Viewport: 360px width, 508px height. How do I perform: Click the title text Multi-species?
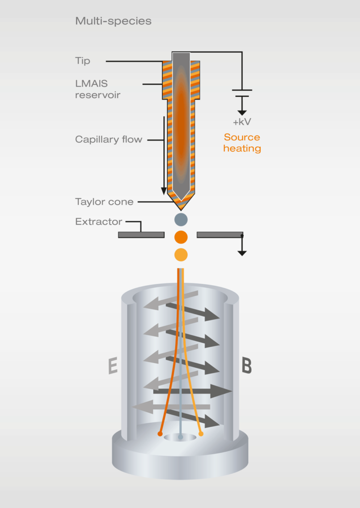[x=113, y=21]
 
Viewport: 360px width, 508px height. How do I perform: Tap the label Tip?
[x=82, y=61]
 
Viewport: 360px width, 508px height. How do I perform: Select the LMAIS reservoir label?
[x=97, y=89]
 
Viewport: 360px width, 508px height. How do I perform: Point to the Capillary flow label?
[x=108, y=139]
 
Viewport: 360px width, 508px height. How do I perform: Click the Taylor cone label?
[x=104, y=202]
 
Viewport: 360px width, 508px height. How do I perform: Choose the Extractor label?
[x=98, y=222]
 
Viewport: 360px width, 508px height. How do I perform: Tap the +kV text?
[x=242, y=122]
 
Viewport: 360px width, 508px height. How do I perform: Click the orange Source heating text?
[x=242, y=143]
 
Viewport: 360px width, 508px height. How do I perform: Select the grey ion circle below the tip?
[x=181, y=219]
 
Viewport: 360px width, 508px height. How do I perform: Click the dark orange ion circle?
[x=181, y=237]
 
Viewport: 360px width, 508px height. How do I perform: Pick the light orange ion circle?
[x=181, y=255]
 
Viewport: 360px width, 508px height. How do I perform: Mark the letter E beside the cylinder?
[x=113, y=366]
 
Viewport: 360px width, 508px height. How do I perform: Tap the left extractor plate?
[x=141, y=235]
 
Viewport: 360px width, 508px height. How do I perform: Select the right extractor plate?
[x=219, y=235]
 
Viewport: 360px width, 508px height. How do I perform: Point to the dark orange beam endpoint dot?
[x=160, y=434]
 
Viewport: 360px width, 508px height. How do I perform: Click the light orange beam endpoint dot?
[x=201, y=434]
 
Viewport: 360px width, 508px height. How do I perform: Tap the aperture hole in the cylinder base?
[x=180, y=438]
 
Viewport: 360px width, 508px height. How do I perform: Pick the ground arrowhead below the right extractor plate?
[x=242, y=253]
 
